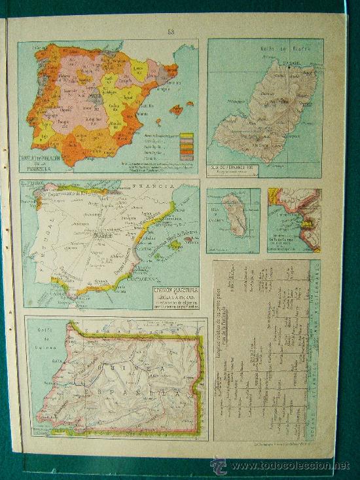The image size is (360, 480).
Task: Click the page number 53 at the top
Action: click(x=171, y=31)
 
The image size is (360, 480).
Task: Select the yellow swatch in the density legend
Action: click(x=187, y=136)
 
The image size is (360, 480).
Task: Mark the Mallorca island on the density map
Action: click(x=176, y=109)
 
